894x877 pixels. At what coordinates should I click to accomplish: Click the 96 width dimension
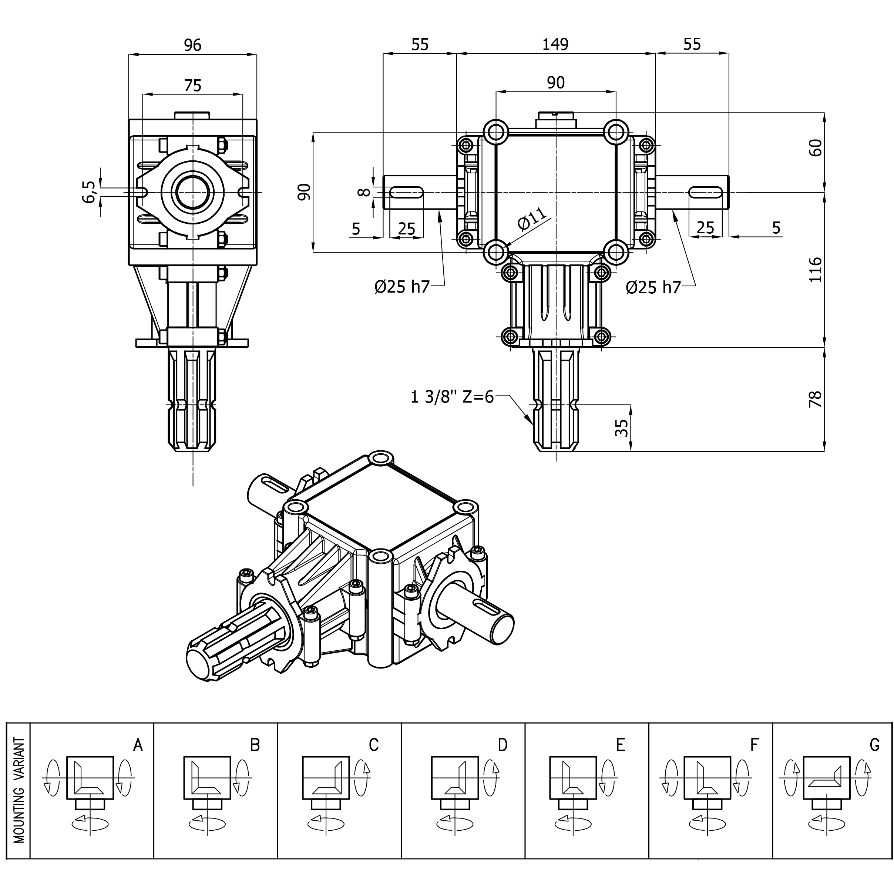192,45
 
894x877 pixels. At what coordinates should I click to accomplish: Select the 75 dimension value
192,86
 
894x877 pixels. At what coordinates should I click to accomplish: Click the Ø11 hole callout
532,219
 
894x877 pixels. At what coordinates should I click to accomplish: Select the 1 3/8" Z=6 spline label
452,397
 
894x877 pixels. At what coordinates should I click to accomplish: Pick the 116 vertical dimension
815,270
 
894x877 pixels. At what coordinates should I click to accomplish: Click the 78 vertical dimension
815,399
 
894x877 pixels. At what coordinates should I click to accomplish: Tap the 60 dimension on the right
815,148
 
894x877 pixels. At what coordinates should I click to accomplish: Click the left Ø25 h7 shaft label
402,287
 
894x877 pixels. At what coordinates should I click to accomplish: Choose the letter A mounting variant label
138,745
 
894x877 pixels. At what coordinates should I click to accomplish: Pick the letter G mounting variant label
875,744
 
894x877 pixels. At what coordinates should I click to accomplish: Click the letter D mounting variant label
503,745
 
